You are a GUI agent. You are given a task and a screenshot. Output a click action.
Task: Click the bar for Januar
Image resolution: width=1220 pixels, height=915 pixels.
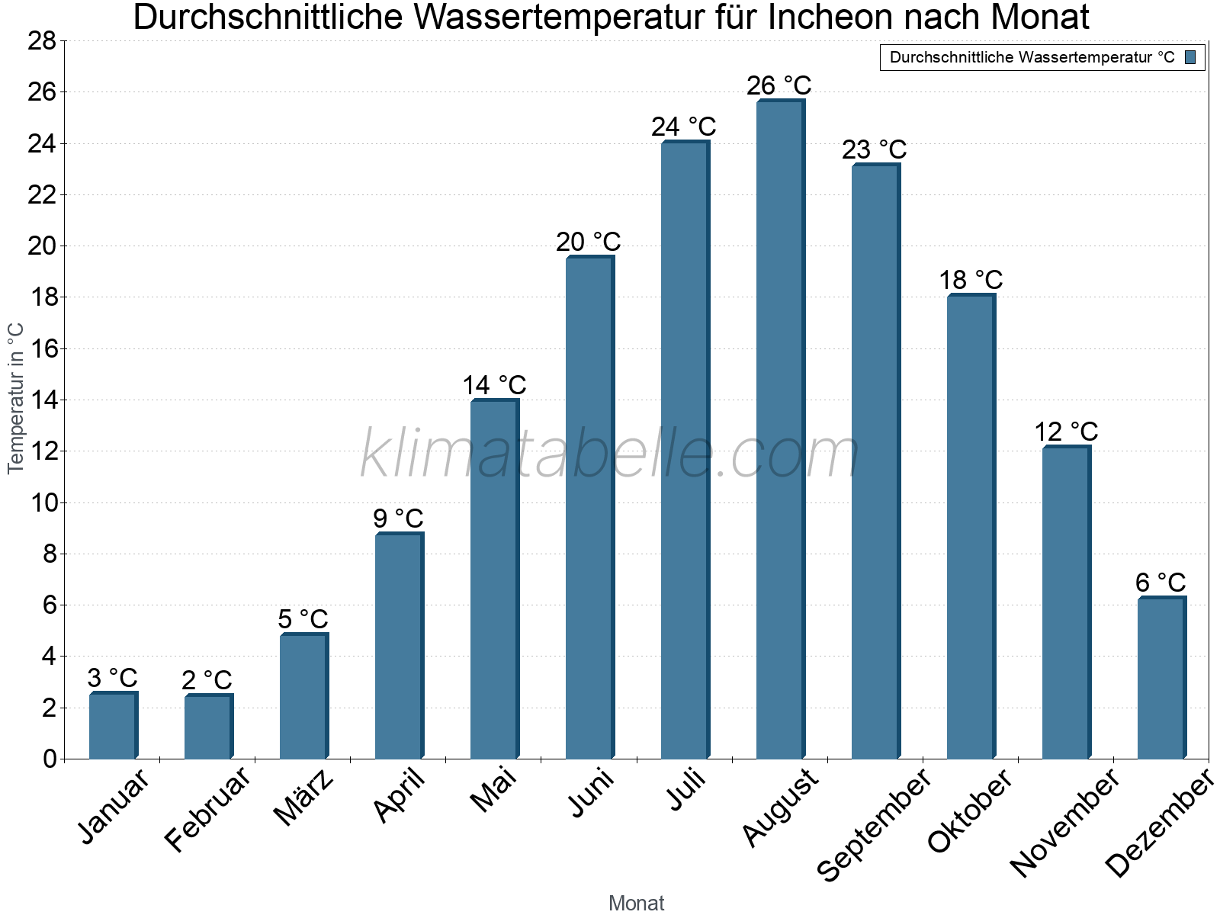coord(113,725)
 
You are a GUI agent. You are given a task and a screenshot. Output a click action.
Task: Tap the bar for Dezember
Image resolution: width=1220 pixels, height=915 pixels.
coord(1161,678)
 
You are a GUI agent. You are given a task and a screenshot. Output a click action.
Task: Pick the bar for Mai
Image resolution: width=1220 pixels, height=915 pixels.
coord(494,579)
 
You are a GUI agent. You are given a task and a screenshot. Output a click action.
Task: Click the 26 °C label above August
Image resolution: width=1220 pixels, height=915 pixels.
coord(779,85)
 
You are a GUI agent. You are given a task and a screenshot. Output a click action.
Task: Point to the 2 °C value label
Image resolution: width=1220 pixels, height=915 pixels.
coord(207,680)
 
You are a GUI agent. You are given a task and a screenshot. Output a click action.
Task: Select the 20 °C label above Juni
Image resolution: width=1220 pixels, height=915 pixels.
coord(588,242)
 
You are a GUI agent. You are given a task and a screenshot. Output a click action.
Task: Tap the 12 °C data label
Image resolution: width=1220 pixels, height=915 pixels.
coord(1065,432)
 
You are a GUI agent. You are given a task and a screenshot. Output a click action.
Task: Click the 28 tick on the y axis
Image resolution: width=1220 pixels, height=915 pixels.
coord(42,41)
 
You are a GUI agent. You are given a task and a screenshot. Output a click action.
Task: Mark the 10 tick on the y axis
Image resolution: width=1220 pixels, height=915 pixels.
coord(42,503)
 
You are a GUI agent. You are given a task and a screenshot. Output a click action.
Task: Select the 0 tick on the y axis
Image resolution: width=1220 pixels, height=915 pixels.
coord(50,759)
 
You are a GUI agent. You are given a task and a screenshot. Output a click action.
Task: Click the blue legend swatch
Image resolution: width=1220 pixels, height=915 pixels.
coord(1190,57)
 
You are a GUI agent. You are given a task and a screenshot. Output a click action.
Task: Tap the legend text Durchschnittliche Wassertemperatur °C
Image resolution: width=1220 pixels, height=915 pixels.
coord(1032,57)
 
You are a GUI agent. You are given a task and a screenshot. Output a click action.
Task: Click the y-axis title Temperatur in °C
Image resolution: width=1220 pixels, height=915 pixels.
coord(16,398)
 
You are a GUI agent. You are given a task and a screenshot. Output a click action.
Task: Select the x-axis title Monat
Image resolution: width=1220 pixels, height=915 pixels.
coord(636,903)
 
